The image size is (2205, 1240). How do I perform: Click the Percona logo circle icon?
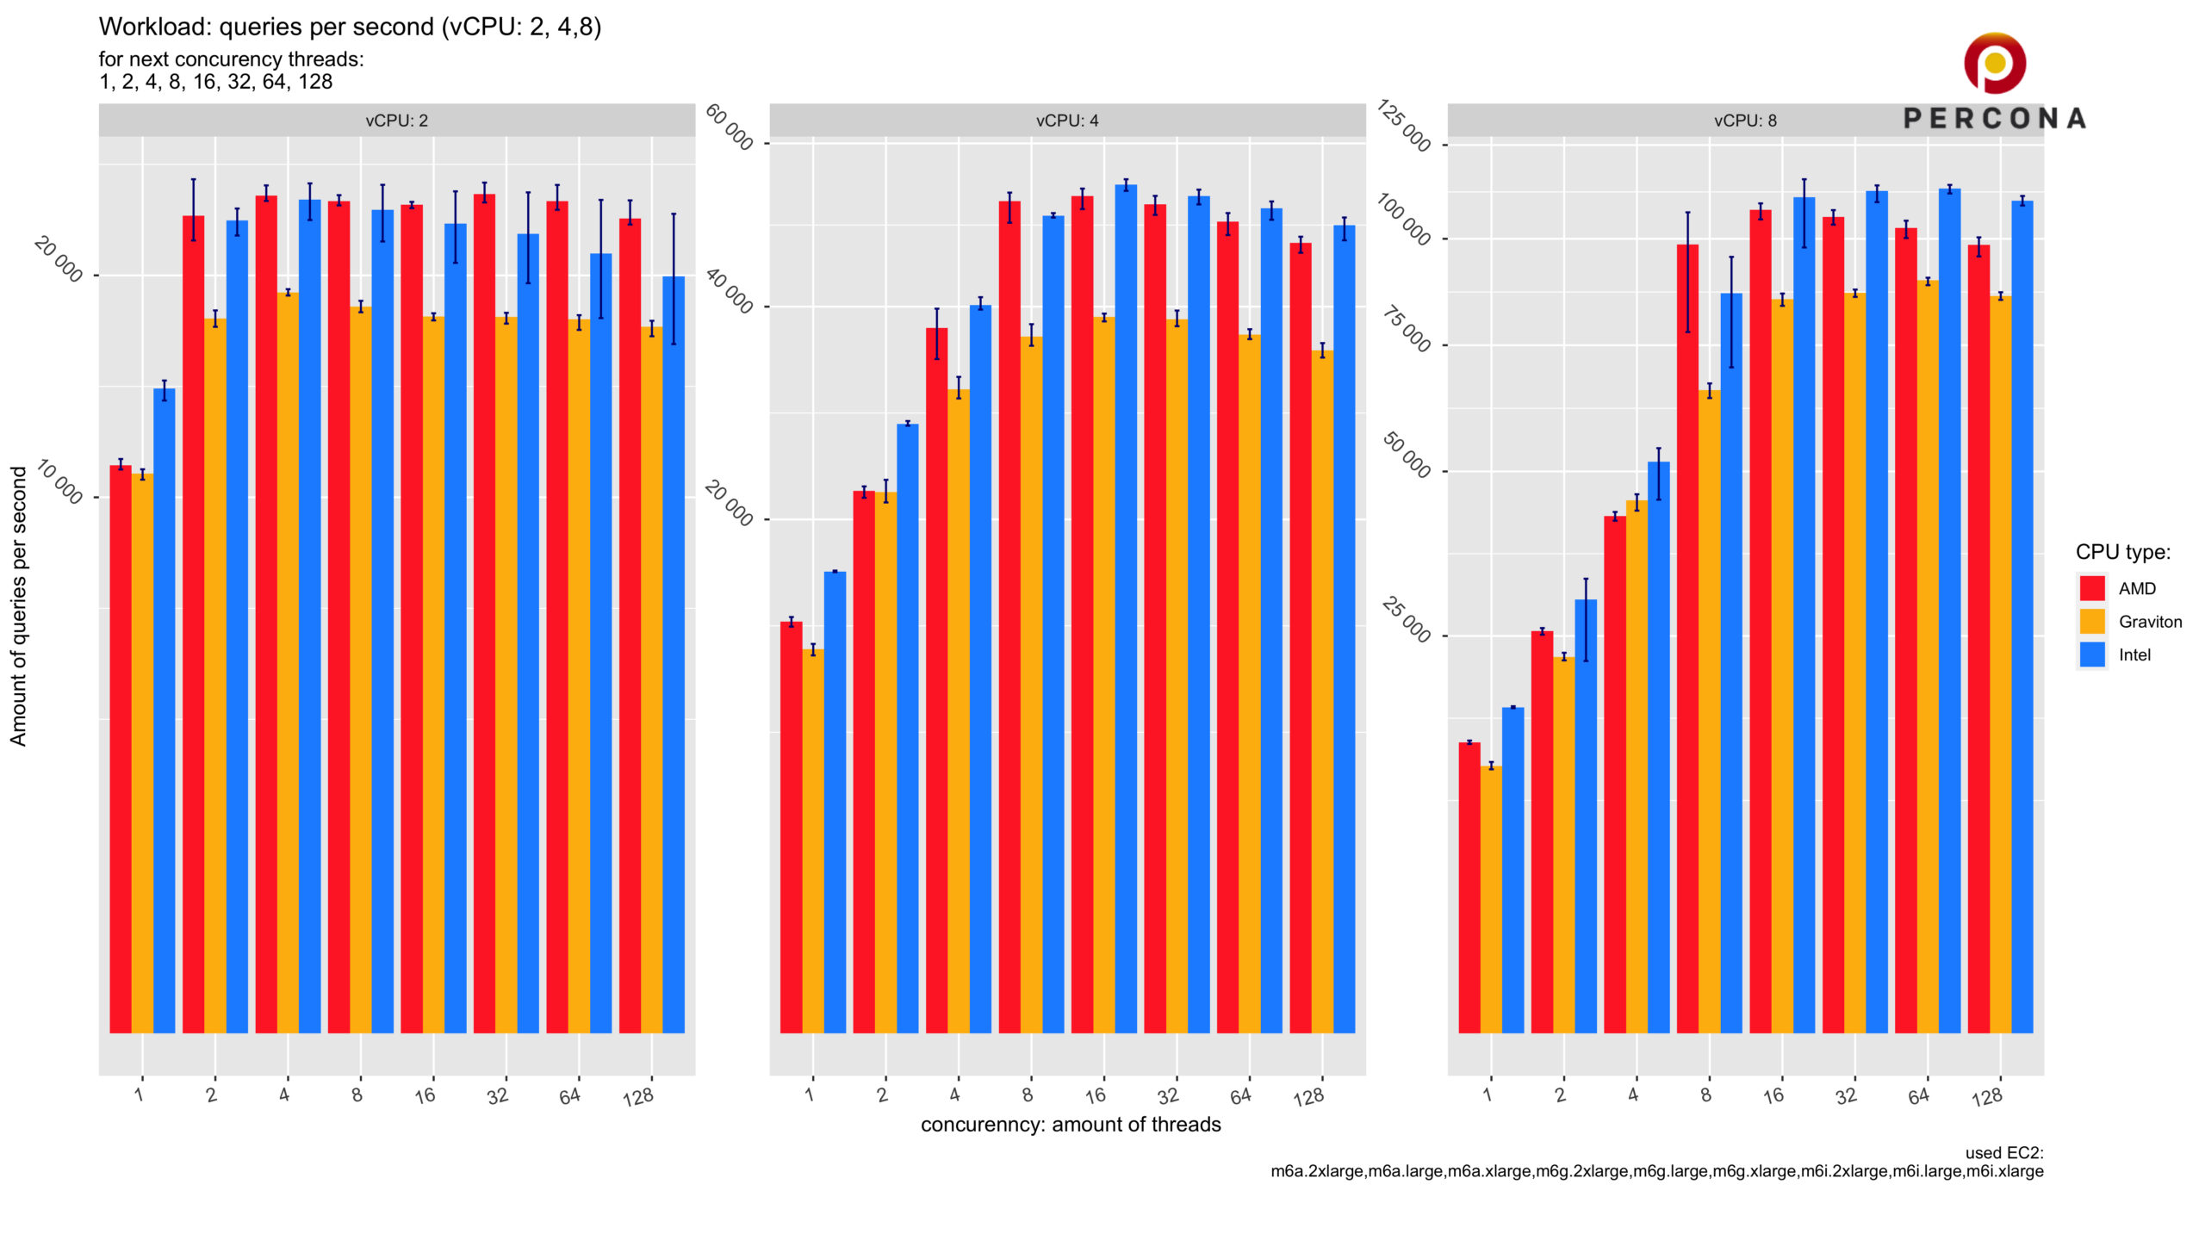click(x=1994, y=63)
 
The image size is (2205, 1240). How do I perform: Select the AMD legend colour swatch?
click(x=2092, y=588)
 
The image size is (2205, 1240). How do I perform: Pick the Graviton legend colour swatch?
click(x=2092, y=622)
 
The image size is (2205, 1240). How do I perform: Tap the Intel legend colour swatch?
click(x=2092, y=654)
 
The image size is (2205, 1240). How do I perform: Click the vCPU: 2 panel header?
click(x=396, y=121)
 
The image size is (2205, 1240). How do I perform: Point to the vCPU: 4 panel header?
click(x=1067, y=121)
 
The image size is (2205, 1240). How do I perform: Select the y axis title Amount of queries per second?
click(x=18, y=606)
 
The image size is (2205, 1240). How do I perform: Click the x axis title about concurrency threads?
click(x=1071, y=1125)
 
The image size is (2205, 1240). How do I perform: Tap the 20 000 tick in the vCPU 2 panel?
click(x=59, y=259)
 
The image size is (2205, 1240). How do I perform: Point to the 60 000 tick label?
click(x=730, y=127)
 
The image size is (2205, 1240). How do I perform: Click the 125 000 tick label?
click(x=1404, y=126)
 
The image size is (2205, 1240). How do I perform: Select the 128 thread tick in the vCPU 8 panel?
click(x=1987, y=1097)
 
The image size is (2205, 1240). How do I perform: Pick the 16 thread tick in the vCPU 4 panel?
click(x=1095, y=1095)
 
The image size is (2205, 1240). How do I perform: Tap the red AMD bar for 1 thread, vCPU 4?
click(x=791, y=827)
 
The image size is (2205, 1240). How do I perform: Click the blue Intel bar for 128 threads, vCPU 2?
click(x=674, y=654)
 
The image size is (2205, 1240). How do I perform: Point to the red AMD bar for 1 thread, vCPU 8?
click(x=1469, y=887)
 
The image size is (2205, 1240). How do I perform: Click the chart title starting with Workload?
click(x=350, y=27)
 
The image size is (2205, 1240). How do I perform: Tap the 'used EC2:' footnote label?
click(x=2003, y=1153)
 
